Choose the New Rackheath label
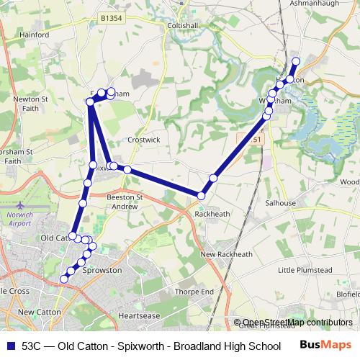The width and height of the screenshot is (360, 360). click(226, 254)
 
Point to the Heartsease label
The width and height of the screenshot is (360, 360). click(138, 315)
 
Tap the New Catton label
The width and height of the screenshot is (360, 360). click(36, 312)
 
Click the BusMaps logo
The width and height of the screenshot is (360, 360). click(326, 345)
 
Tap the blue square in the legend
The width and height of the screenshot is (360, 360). click(9, 346)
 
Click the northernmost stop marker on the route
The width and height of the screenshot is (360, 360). click(296, 61)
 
